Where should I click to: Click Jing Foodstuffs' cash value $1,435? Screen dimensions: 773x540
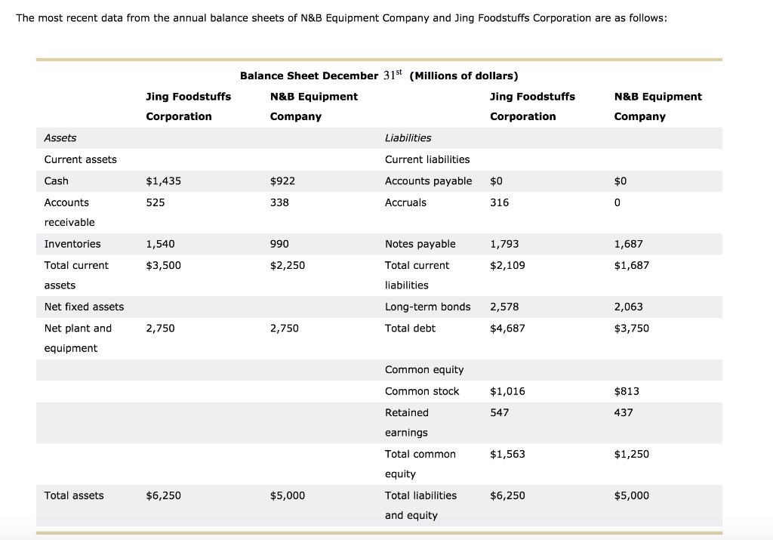tap(163, 181)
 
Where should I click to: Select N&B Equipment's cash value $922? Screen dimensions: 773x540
tap(282, 181)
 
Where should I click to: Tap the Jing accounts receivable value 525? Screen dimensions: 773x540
tap(156, 202)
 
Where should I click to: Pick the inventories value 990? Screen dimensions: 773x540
tap(279, 244)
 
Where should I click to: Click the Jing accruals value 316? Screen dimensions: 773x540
tap(500, 202)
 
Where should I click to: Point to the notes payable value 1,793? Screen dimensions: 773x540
tap(504, 244)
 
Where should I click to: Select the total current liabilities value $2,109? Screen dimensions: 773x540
tap(507, 265)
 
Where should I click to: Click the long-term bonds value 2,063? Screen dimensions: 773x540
tap(629, 307)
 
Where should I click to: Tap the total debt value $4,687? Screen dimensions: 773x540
tap(507, 329)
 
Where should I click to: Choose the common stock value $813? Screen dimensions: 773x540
tap(627, 391)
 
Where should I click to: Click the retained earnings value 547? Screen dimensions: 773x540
tap(500, 413)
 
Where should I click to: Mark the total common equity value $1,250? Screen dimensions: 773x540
tap(632, 454)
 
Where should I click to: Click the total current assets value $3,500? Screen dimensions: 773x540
tap(163, 265)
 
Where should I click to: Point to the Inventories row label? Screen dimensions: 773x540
tap(72, 244)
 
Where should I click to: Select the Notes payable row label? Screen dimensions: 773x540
tap(420, 244)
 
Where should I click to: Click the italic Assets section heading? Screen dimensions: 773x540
tap(60, 138)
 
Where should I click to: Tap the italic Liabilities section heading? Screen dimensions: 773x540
tap(408, 138)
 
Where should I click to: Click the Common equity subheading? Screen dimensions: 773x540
tap(424, 370)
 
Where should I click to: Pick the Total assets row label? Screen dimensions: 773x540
tap(74, 495)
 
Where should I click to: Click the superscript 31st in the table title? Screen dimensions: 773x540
tap(393, 75)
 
